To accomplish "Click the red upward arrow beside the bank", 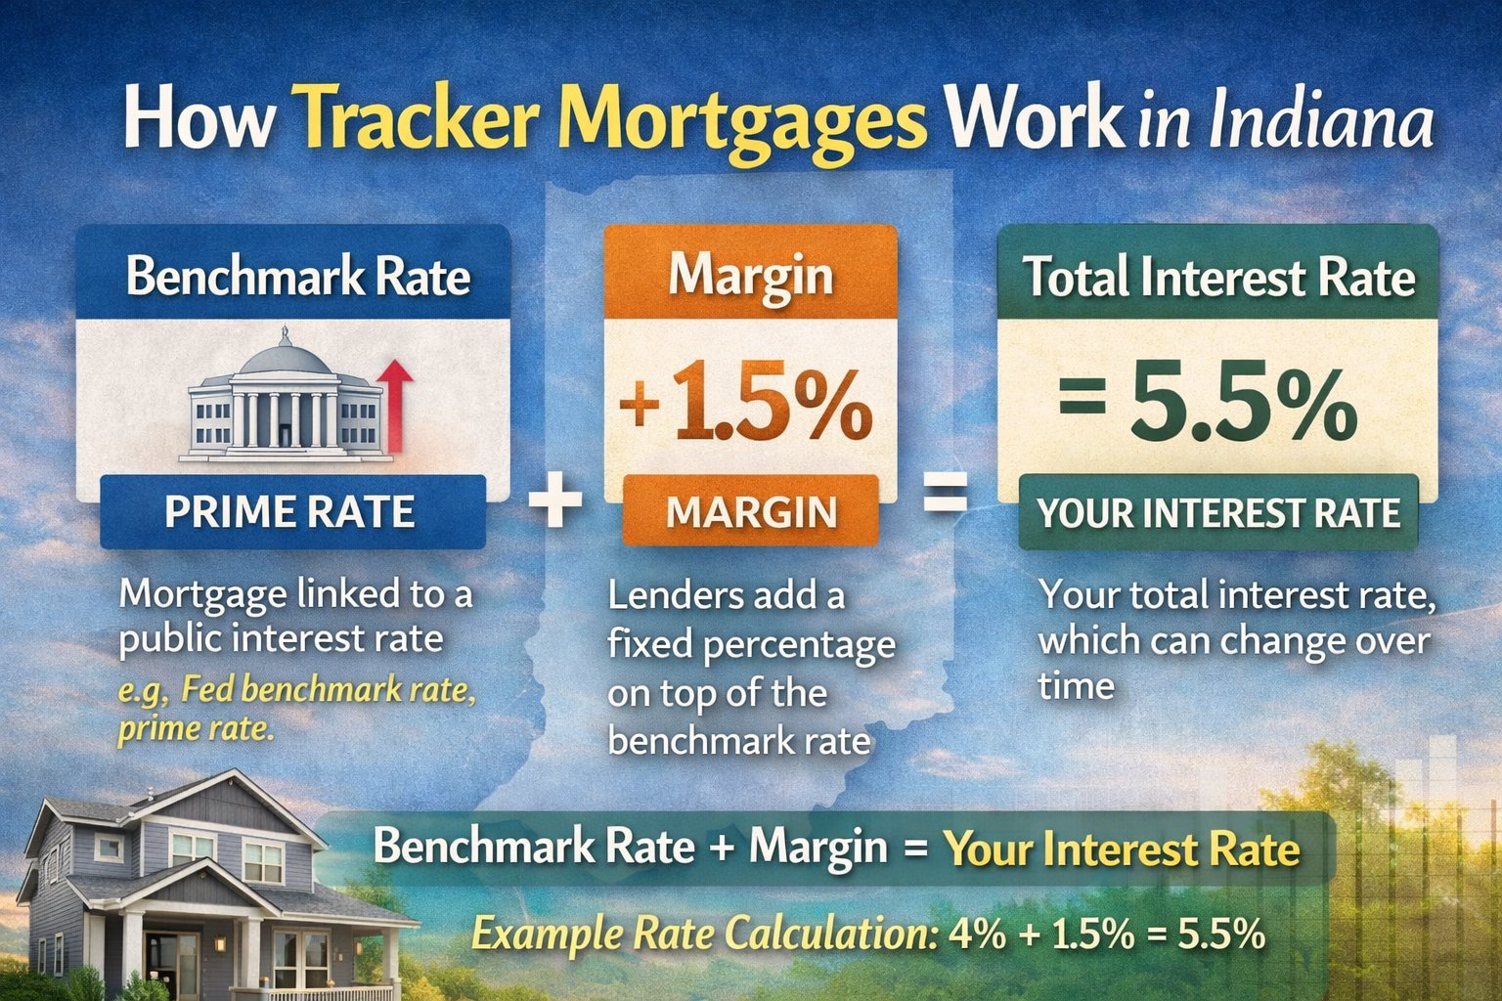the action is pos(395,406).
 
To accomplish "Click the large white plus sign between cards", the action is pos(555,500).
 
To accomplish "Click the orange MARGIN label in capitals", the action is pos(751,511).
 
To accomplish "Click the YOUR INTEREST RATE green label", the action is pos(1218,513).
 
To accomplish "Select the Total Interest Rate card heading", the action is pos(1218,277).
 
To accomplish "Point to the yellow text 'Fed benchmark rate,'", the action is pos(329,690).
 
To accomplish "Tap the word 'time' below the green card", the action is pos(1076,686).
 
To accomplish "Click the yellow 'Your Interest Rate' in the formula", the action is pos(1122,849).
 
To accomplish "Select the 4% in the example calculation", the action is pos(977,934).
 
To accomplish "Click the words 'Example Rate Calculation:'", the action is pos(704,934).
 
